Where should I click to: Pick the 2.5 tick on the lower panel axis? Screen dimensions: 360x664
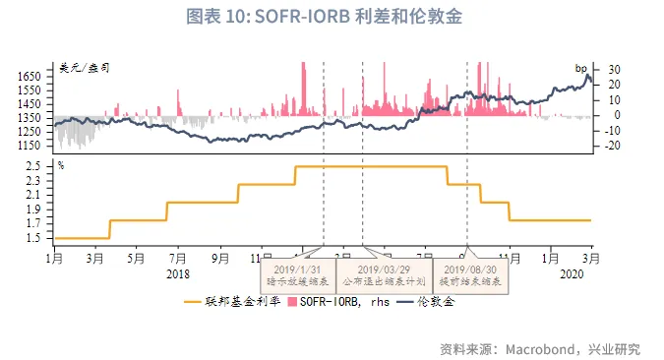[34, 166]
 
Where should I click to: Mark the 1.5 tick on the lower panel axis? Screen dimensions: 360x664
[34, 238]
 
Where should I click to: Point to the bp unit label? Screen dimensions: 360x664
[580, 67]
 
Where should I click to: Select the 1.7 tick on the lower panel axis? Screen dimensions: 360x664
[34, 223]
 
